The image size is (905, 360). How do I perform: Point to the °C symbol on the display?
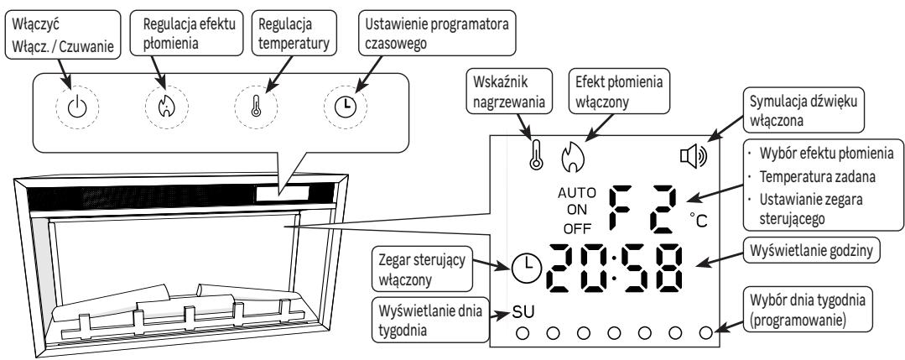coord(699,220)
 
